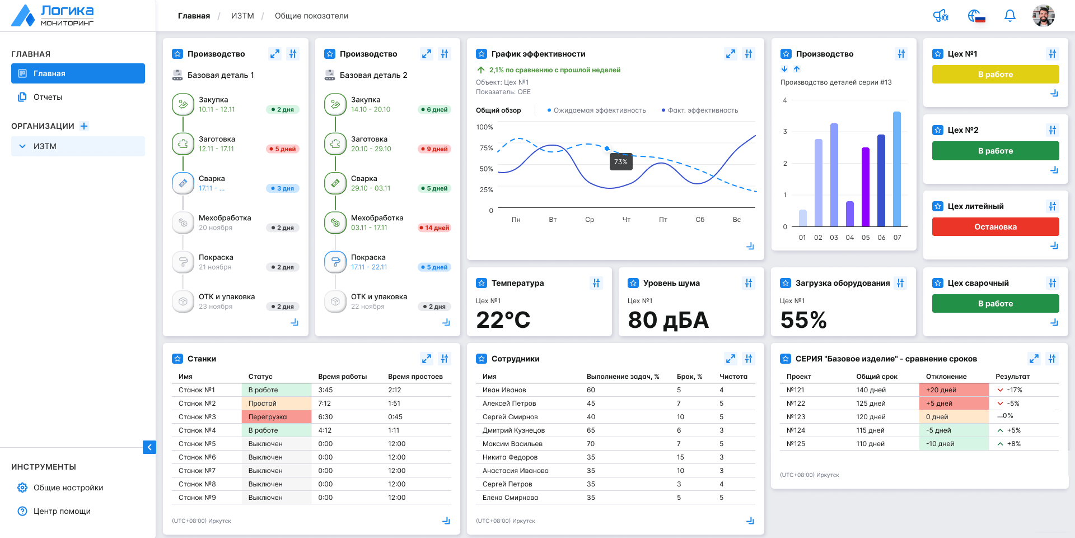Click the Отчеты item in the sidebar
point(48,97)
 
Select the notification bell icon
point(1009,16)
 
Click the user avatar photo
point(1043,16)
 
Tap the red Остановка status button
point(995,227)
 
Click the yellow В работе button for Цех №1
point(995,75)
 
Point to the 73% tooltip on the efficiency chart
point(621,162)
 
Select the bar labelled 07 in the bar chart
point(897,169)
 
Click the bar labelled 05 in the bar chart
point(866,187)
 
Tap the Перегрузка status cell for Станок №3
point(277,417)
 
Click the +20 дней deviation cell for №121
point(954,390)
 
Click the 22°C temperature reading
point(503,320)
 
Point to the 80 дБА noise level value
point(669,320)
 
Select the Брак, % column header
point(689,377)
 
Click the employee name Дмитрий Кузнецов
point(513,430)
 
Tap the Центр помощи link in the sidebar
point(62,511)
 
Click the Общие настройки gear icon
point(22,488)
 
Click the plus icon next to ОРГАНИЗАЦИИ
point(84,126)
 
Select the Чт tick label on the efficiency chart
point(627,220)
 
